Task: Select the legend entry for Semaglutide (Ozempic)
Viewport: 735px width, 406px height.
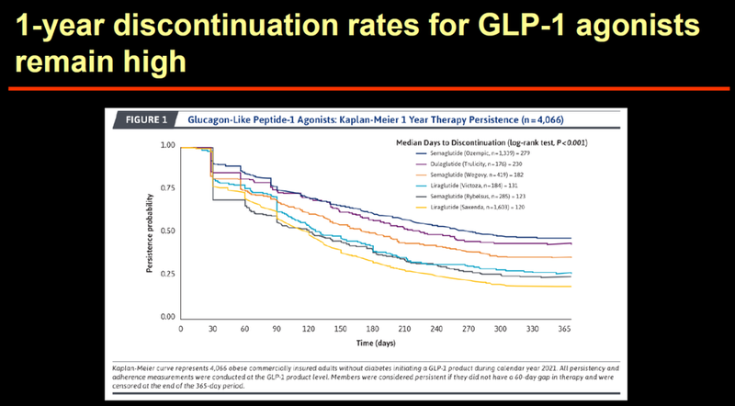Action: pyautogui.click(x=469, y=155)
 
